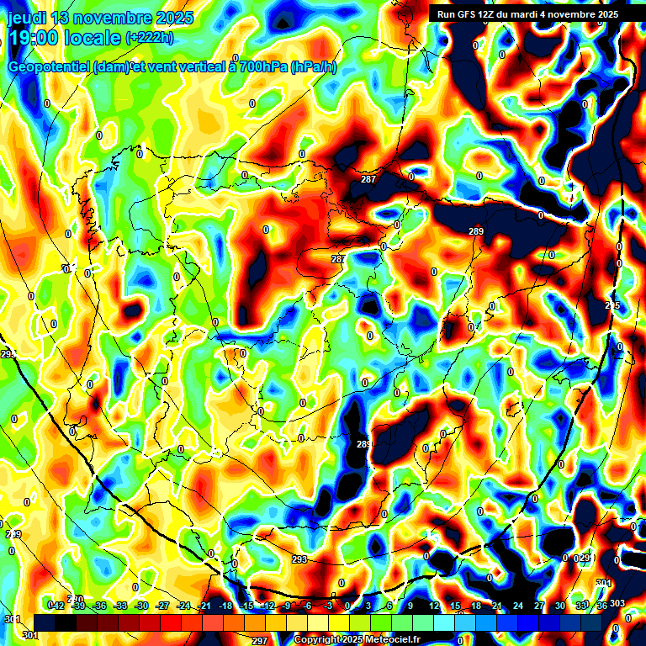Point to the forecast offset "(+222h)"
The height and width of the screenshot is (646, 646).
149,37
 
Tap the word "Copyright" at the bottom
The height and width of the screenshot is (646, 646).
316,640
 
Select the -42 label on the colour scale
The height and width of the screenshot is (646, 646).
57,606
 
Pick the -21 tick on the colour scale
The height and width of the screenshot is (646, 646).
204,606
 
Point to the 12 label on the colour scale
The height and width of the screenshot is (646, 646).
433,606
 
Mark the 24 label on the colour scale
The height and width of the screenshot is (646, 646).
517,606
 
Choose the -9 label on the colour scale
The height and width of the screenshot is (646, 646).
287,606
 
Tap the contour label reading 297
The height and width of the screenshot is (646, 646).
260,640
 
